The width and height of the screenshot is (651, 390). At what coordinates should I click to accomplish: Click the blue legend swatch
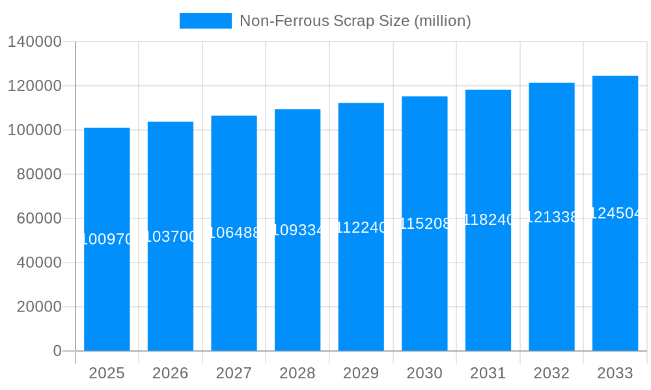pyautogui.click(x=205, y=21)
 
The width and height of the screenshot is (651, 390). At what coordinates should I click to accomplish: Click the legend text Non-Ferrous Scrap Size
pyautogui.click(x=355, y=21)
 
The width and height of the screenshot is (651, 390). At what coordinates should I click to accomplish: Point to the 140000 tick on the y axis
pyautogui.click(x=35, y=42)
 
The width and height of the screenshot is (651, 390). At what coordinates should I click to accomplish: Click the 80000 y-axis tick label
pyautogui.click(x=39, y=174)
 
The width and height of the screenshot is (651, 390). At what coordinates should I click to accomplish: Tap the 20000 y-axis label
pyautogui.click(x=39, y=307)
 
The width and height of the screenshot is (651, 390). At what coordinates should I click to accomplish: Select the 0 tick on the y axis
pyautogui.click(x=57, y=351)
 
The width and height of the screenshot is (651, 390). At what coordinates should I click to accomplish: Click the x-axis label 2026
pyautogui.click(x=171, y=373)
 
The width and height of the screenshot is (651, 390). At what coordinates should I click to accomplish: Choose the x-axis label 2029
pyautogui.click(x=361, y=373)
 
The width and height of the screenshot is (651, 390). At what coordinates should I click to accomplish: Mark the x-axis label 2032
pyautogui.click(x=551, y=373)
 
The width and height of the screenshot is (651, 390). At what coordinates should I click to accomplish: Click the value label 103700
pyautogui.click(x=171, y=237)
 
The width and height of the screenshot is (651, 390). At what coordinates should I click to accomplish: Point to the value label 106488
pyautogui.click(x=234, y=233)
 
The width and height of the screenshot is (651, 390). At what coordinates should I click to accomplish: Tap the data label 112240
pyautogui.click(x=361, y=227)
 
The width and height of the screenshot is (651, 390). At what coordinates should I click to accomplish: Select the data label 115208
pyautogui.click(x=424, y=224)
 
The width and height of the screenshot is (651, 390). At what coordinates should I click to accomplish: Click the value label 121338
pyautogui.click(x=551, y=217)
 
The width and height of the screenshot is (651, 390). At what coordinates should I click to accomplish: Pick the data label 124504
pyautogui.click(x=615, y=213)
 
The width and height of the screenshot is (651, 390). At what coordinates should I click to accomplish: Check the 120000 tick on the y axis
pyautogui.click(x=35, y=86)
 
